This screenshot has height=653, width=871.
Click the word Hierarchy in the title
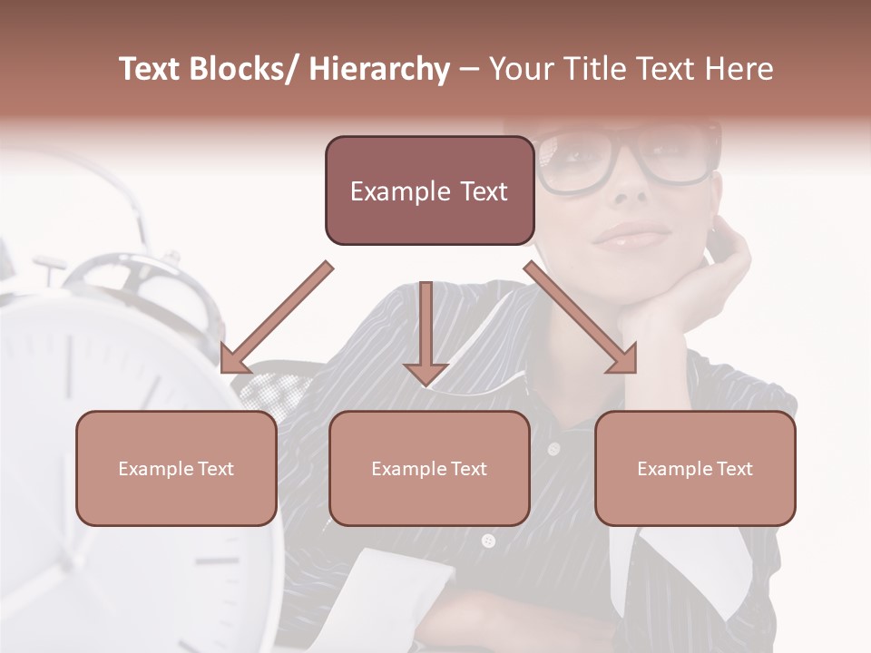pos(379,70)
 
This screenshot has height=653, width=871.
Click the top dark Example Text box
pos(429,191)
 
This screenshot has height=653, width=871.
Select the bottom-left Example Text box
pos(176,469)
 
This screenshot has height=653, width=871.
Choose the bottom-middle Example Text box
pos(429,469)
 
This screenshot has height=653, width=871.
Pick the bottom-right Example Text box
pos(695,469)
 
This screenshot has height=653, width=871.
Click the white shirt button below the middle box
pos(488,541)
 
